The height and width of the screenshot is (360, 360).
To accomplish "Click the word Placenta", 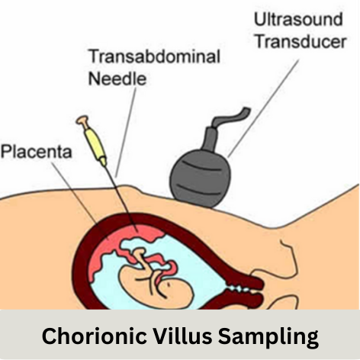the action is coord(37,152).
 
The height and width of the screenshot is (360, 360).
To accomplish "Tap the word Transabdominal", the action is coord(154,56).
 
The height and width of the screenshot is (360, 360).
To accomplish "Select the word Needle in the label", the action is coord(117,78).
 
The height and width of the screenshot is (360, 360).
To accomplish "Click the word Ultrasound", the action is coord(298,19).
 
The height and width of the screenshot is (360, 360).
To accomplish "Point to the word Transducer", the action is coord(301,41).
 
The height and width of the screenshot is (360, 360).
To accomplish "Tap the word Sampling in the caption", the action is coord(268,337).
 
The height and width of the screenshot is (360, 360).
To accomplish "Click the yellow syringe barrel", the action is coord(95,143).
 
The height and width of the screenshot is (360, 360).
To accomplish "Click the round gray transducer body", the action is coord(201,179).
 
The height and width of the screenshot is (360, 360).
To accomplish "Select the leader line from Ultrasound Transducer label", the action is coord(263,108).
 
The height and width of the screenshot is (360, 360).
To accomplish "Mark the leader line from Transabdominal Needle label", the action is coord(126,132).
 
